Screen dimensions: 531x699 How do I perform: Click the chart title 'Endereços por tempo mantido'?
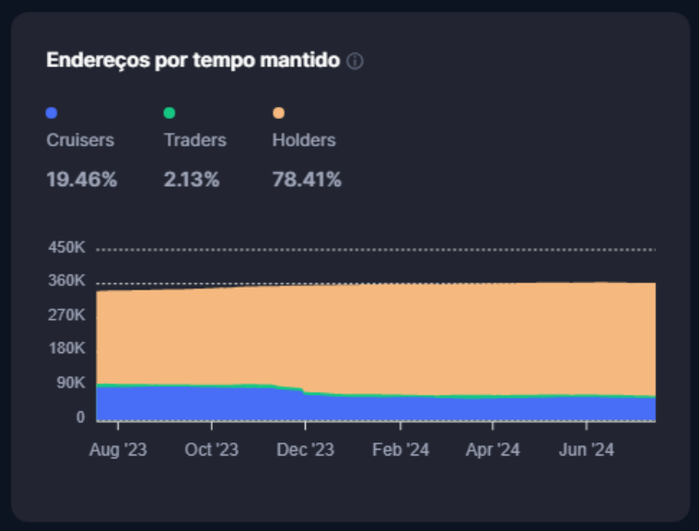[x=192, y=61]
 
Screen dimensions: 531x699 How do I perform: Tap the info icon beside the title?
[x=355, y=62]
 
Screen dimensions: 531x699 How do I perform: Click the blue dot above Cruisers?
[x=52, y=113]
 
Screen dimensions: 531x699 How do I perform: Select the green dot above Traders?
[x=169, y=113]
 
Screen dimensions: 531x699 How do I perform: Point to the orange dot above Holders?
[x=278, y=113]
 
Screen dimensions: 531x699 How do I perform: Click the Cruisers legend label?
[x=80, y=141]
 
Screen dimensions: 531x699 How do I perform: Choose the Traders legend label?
[x=194, y=141]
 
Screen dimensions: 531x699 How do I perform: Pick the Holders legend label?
[x=304, y=141]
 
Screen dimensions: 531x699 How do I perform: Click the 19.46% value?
[x=82, y=180]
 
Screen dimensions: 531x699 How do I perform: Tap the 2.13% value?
[x=192, y=180]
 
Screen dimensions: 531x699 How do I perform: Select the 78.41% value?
[x=307, y=180]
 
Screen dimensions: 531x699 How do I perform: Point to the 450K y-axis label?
[x=66, y=248]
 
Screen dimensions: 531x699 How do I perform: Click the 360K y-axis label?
[x=66, y=281]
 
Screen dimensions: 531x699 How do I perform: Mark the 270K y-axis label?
[x=66, y=315]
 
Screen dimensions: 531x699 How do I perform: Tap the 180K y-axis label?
[x=66, y=348]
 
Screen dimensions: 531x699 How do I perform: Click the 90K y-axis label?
[x=70, y=383]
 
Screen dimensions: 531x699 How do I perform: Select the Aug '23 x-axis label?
[x=119, y=450]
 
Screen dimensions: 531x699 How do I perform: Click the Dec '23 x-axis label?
[x=305, y=450]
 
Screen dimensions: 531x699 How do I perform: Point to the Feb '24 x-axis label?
[x=400, y=450]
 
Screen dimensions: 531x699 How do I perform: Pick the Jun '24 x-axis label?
[x=587, y=450]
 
